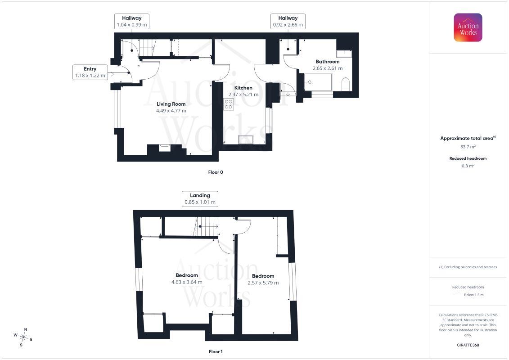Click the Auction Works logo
(x=468, y=27)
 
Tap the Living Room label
(x=171, y=104)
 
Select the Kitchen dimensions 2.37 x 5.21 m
(x=243, y=94)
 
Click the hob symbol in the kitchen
(x=229, y=104)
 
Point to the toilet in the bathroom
(x=346, y=84)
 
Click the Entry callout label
(x=90, y=72)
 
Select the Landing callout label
(x=200, y=198)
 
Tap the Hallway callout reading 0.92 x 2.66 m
(x=288, y=22)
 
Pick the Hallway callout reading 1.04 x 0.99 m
(x=132, y=22)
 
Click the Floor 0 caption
(x=216, y=172)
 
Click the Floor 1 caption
(x=216, y=351)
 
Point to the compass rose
(x=23, y=337)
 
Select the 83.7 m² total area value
(x=468, y=147)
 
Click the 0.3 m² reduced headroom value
(x=468, y=166)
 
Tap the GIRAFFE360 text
(x=468, y=345)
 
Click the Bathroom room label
(x=328, y=61)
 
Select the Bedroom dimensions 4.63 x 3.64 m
(x=187, y=282)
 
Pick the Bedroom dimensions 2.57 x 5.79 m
(x=263, y=283)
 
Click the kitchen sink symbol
(x=246, y=139)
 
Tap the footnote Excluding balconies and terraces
(x=468, y=267)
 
